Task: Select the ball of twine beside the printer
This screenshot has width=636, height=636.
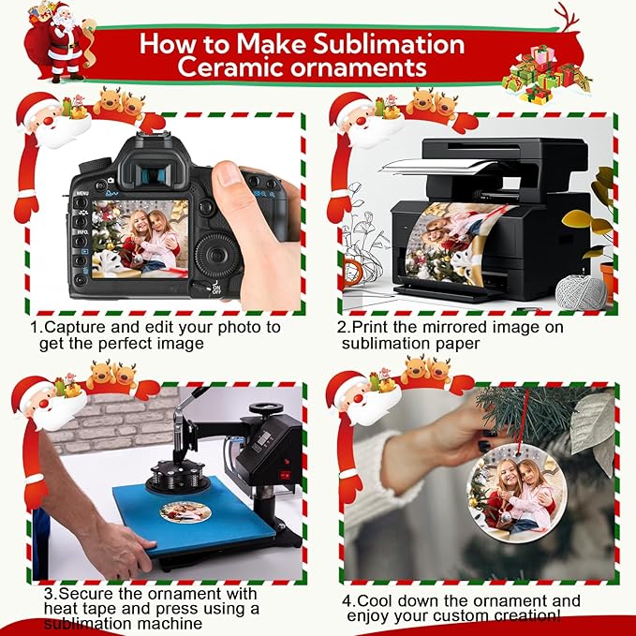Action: (581, 291)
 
